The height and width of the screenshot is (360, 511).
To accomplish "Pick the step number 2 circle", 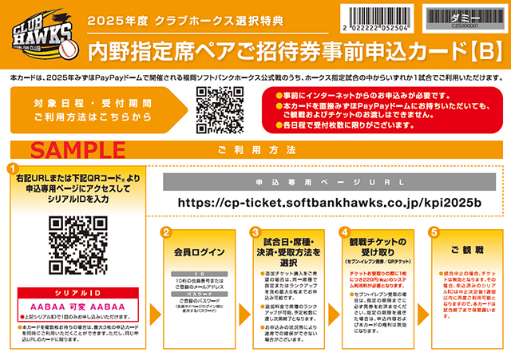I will point(166,232).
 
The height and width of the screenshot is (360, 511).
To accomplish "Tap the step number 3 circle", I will point(254,232).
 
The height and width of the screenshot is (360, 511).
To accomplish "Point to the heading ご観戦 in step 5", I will point(462,251).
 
